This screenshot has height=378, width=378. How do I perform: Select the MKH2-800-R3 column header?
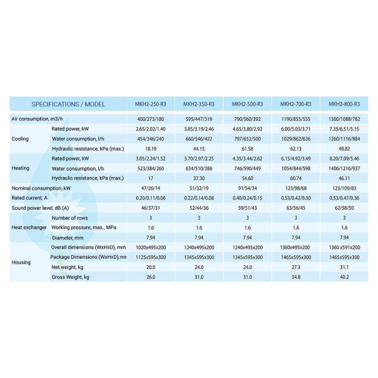click(344, 104)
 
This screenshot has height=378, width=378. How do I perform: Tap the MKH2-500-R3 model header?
click(248, 104)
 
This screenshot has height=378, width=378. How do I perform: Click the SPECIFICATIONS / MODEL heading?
click(68, 104)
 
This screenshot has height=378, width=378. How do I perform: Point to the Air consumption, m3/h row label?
click(38, 118)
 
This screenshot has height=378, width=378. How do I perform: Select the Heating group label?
click(21, 168)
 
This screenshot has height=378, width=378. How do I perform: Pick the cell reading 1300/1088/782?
click(344, 118)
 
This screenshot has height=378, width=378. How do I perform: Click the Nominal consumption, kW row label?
click(42, 188)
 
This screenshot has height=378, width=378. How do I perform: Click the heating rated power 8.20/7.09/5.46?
click(344, 158)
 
